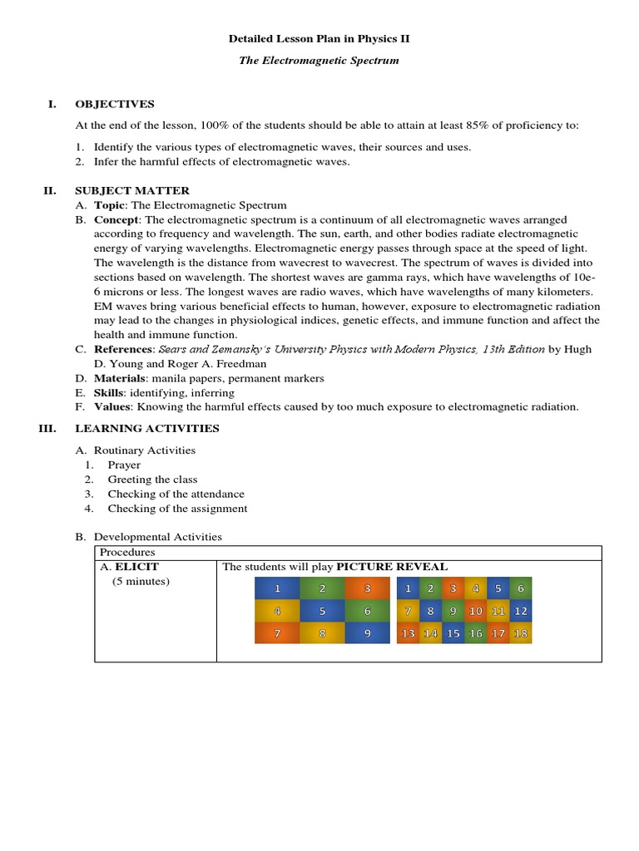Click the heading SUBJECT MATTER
[132, 190]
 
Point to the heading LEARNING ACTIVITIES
[147, 428]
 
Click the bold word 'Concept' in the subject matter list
[116, 219]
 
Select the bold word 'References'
[124, 349]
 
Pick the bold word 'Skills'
[110, 392]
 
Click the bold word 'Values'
[112, 406]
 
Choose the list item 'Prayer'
[124, 465]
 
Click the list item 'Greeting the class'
[152, 480]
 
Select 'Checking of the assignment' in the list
[177, 509]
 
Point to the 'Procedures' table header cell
[127, 553]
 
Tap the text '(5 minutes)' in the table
[141, 581]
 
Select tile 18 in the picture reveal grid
[521, 633]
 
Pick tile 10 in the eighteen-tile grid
[475, 611]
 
